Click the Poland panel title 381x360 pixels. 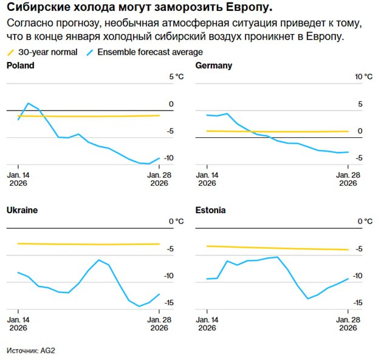(x=20, y=65)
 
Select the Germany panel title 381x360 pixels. (x=214, y=65)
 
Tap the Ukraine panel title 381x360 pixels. (x=22, y=210)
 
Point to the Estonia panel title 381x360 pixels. (x=211, y=210)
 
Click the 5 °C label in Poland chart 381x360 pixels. (x=174, y=77)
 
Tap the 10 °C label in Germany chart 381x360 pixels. (x=363, y=77)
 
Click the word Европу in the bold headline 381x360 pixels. (x=244, y=8)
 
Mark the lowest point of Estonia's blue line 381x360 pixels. (x=307, y=298)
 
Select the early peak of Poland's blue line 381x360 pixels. (x=28, y=103)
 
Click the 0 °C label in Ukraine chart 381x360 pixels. (x=175, y=222)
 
